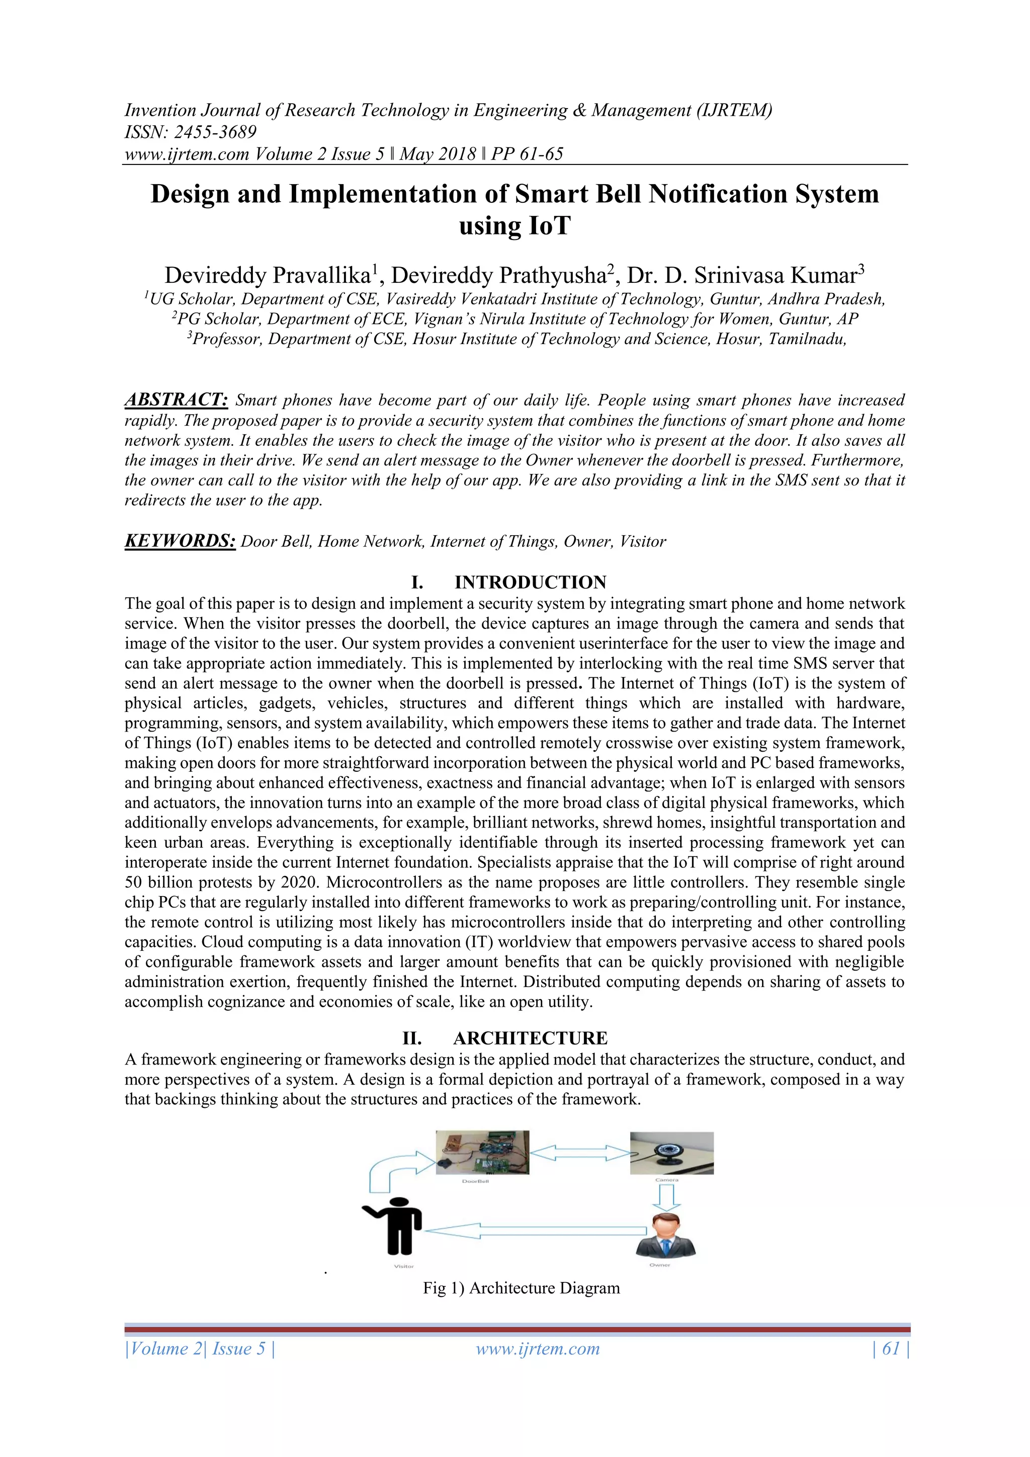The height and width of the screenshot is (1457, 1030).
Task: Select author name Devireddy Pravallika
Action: (268, 275)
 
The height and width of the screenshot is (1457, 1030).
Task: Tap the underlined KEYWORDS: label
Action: (180, 541)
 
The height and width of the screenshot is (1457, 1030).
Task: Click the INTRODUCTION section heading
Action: (530, 582)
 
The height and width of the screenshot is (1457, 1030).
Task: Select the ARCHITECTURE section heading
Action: (530, 1038)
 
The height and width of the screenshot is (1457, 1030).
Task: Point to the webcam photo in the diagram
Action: (671, 1153)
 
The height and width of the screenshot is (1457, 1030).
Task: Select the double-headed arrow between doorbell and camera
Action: (579, 1153)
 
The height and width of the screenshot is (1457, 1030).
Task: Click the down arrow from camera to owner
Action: (665, 1197)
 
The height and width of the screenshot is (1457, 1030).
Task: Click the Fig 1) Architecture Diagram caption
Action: (522, 1287)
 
